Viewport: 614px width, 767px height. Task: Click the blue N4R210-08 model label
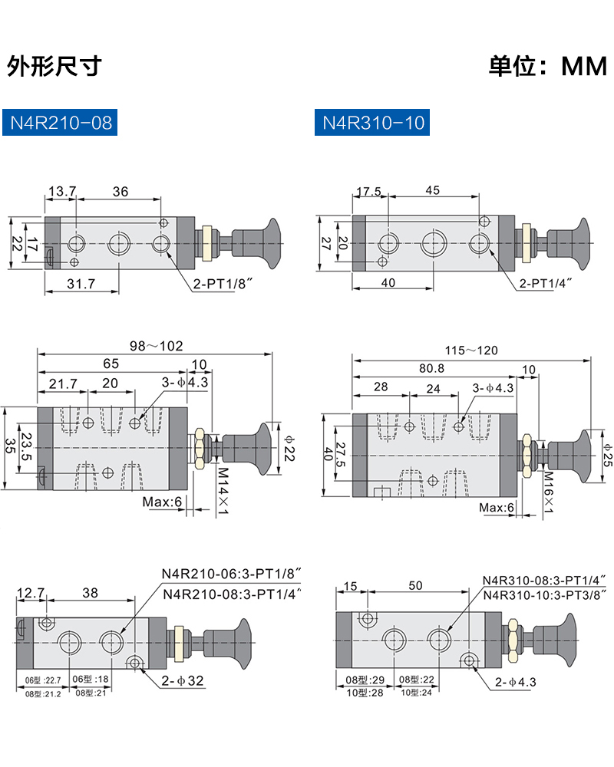pyautogui.click(x=60, y=122)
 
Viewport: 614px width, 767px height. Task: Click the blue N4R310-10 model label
pyautogui.click(x=372, y=122)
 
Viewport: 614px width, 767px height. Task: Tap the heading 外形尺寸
pyautogui.click(x=54, y=66)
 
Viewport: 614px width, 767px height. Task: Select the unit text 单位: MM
pyautogui.click(x=548, y=66)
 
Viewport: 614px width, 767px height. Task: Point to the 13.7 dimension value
pyautogui.click(x=62, y=191)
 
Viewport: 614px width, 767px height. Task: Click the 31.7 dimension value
pyautogui.click(x=81, y=283)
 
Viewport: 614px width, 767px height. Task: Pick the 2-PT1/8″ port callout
pyautogui.click(x=223, y=283)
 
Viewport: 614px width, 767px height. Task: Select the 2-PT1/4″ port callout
pyautogui.click(x=546, y=283)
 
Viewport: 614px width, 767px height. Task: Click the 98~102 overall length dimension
pyautogui.click(x=157, y=347)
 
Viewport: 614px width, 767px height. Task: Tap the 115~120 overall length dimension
pyautogui.click(x=471, y=351)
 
